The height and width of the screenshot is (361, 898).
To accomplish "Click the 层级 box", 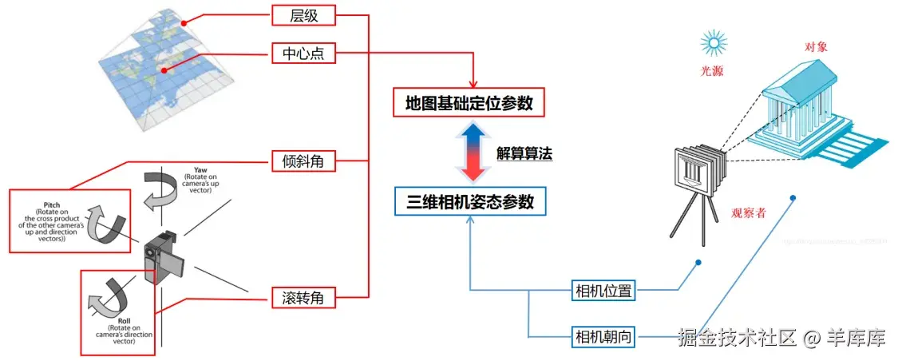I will [x=303, y=14].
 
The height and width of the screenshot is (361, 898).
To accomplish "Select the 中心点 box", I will [x=303, y=54].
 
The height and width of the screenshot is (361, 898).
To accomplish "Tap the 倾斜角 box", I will [x=303, y=161].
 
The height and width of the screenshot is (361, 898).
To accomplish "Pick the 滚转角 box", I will [x=303, y=298].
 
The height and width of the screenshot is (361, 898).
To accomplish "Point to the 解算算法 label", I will [x=524, y=153].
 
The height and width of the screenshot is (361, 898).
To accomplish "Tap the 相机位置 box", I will [x=603, y=291].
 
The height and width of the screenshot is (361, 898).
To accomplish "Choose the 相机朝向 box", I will [x=603, y=337].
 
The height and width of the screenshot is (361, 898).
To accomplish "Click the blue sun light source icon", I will [x=712, y=42].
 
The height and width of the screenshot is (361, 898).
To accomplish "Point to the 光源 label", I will [x=712, y=71].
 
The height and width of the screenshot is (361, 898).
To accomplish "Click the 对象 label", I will [x=817, y=47].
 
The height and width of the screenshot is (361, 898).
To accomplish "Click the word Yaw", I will [x=201, y=171].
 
